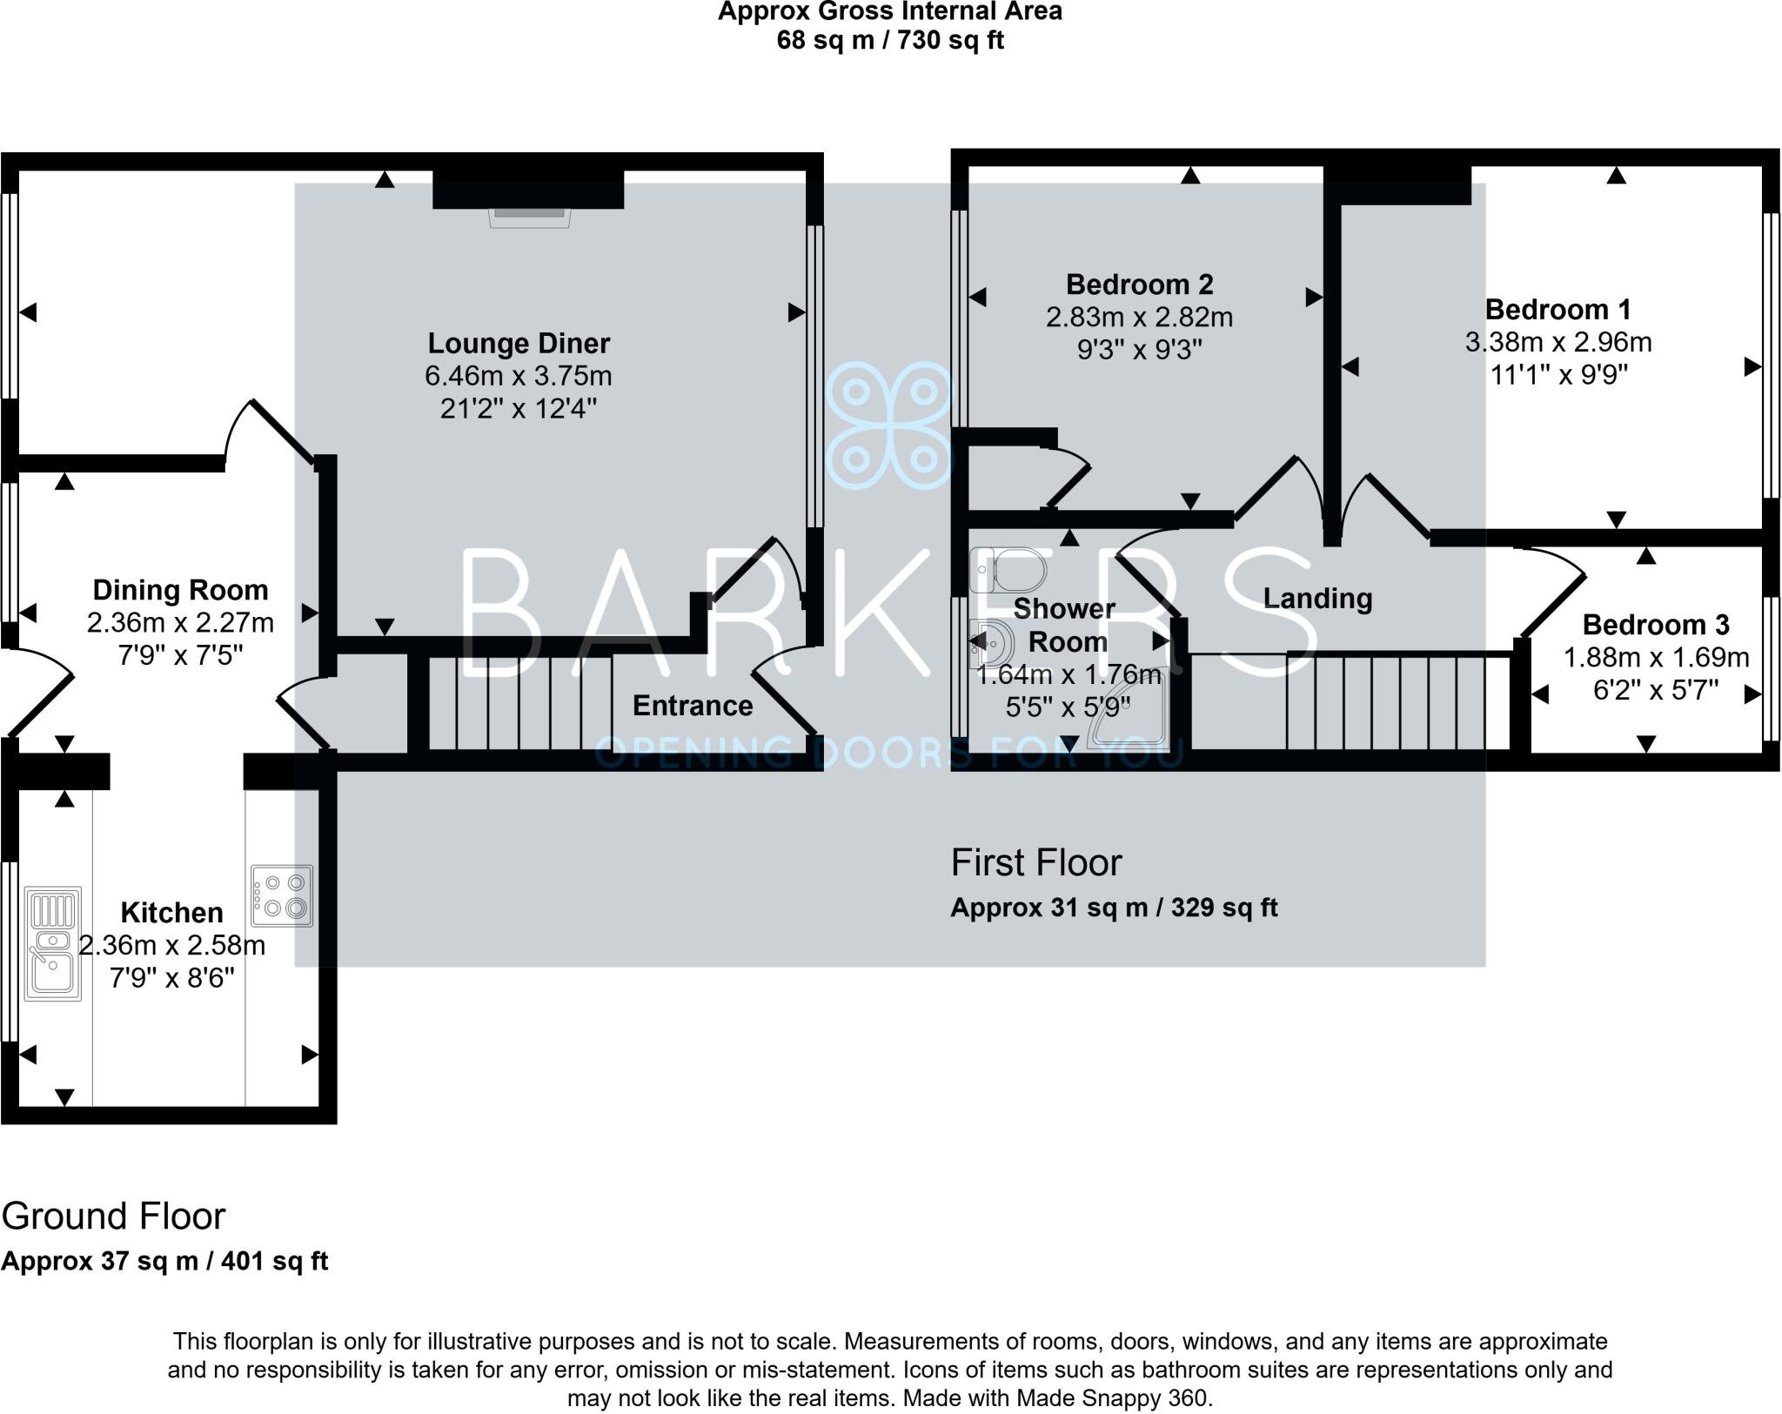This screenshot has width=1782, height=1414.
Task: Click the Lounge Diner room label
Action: pyautogui.click(x=519, y=343)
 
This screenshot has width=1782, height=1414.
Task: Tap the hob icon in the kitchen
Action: pyautogui.click(x=282, y=895)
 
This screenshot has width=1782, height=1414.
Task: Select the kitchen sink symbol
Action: pyautogui.click(x=53, y=943)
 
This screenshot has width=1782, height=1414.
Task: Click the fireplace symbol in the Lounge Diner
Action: pyautogui.click(x=529, y=217)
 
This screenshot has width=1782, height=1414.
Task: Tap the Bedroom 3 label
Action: pyautogui.click(x=1655, y=624)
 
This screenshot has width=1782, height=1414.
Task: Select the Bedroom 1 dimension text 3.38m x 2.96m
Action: pyautogui.click(x=1558, y=342)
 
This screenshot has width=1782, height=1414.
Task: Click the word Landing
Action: pyautogui.click(x=1317, y=599)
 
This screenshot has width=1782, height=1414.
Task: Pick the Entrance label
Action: pyautogui.click(x=693, y=706)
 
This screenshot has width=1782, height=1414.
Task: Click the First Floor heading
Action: pyautogui.click(x=1035, y=863)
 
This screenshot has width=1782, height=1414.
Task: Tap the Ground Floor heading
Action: pyautogui.click(x=113, y=1216)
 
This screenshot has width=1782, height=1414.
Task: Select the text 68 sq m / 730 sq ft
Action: pyautogui.click(x=889, y=40)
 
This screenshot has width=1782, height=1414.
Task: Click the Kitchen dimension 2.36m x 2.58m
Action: pyautogui.click(x=171, y=945)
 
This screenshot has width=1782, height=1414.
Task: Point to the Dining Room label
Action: pyautogui.click(x=180, y=590)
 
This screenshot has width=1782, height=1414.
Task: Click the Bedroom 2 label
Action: pyautogui.click(x=1139, y=285)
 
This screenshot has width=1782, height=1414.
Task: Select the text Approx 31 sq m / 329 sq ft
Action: pyautogui.click(x=1113, y=908)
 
